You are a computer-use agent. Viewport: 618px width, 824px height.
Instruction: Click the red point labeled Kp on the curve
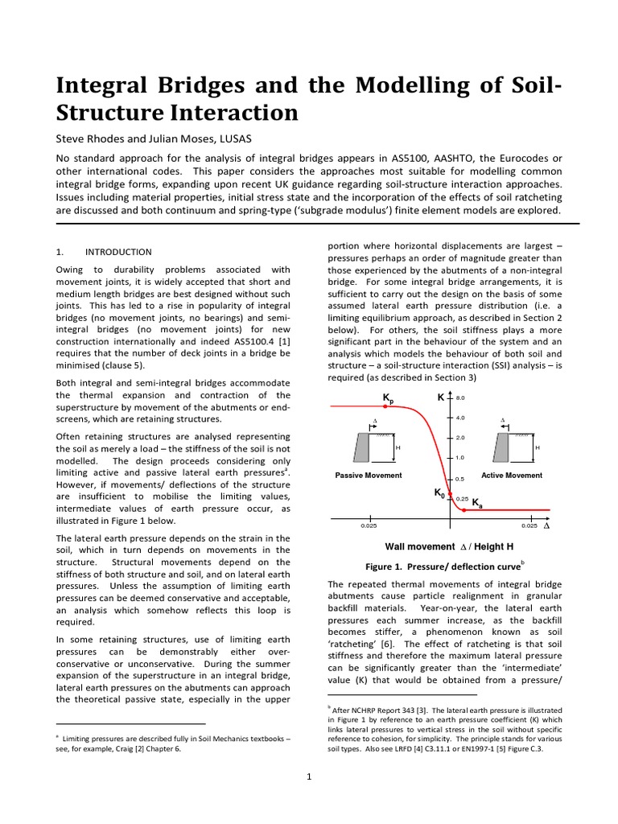[385, 407]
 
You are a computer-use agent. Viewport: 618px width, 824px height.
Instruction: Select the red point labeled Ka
[464, 509]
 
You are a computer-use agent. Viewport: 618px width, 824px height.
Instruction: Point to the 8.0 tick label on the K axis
[461, 398]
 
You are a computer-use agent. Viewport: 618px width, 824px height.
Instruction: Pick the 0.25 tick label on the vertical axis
[462, 499]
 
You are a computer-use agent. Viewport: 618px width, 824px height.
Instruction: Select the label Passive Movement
[369, 476]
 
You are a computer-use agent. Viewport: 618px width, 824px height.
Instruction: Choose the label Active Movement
[512, 476]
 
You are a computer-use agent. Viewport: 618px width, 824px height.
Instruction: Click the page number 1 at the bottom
[310, 777]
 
